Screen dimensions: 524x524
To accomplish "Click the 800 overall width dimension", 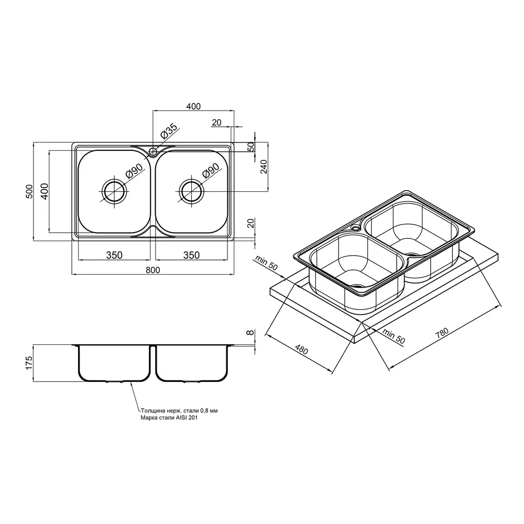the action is [152, 270].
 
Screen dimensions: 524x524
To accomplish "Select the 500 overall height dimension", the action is [29, 191].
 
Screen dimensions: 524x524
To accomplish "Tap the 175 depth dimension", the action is [29, 363].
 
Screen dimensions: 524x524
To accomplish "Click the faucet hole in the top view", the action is [153, 152].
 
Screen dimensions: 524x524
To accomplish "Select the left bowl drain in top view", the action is [115, 191].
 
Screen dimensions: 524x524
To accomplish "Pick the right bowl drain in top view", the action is [191, 191].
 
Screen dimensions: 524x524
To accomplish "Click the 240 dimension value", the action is [264, 167].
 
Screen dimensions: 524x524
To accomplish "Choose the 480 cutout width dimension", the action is [301, 349].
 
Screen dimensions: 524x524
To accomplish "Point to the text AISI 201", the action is [187, 418].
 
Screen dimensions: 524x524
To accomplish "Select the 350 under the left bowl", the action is [114, 255].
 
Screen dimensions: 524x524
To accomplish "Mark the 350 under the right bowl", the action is [191, 255].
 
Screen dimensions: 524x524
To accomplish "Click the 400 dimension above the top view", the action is [193, 106].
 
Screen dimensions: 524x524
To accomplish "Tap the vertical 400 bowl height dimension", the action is [45, 191].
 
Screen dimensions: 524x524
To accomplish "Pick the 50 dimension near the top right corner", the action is [250, 147].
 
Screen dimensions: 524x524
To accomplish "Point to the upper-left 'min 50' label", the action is [266, 263].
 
